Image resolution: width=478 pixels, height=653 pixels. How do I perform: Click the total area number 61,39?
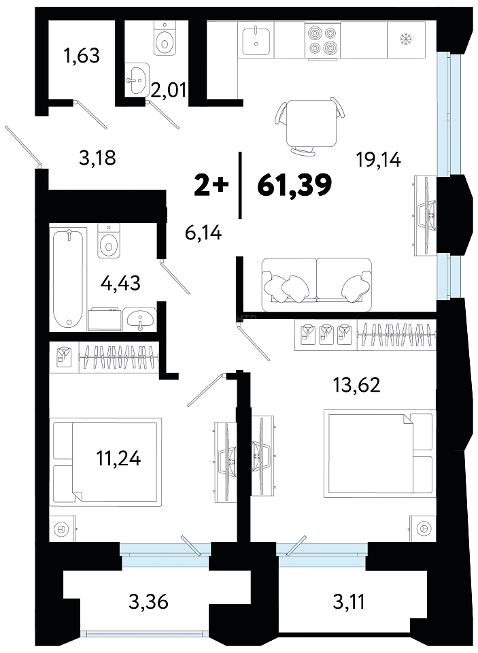(x=294, y=185)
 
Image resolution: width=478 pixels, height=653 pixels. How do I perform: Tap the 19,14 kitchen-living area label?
(x=378, y=159)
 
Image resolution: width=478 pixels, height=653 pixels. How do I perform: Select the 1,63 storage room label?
(x=82, y=55)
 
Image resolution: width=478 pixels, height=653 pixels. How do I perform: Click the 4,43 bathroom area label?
(x=121, y=284)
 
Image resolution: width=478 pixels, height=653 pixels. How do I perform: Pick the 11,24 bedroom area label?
(x=119, y=458)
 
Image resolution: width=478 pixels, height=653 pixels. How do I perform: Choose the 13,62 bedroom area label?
(x=356, y=385)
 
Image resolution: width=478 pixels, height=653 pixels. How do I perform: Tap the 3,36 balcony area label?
(x=148, y=601)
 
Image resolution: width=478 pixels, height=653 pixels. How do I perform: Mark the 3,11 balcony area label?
(x=349, y=601)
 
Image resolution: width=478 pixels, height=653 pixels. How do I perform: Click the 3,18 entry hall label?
(x=97, y=158)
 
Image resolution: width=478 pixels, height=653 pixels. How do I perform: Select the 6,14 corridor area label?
(x=203, y=233)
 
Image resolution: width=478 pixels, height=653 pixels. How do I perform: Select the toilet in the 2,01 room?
(x=166, y=38)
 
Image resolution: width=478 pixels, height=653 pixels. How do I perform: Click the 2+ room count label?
(x=211, y=185)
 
